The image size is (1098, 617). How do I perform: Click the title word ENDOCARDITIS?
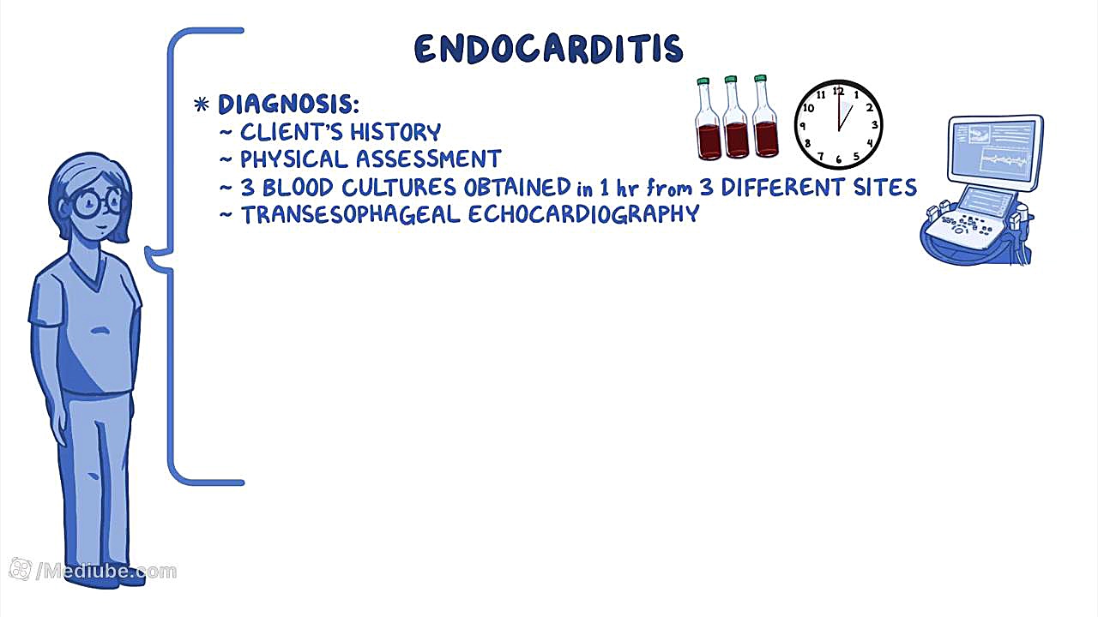click(x=548, y=49)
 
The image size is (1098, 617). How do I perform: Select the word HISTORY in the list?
click(x=395, y=132)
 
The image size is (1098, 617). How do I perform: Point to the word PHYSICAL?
click(x=293, y=159)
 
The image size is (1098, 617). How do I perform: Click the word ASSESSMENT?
click(x=428, y=159)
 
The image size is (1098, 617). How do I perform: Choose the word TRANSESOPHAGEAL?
click(x=351, y=215)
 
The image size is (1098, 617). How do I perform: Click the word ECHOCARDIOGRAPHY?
click(x=584, y=214)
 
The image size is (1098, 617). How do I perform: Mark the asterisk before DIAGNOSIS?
click(x=201, y=105)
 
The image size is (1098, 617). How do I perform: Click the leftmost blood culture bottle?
click(x=708, y=118)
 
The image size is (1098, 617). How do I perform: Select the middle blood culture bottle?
click(x=736, y=117)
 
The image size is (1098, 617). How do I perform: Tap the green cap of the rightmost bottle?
click(x=760, y=78)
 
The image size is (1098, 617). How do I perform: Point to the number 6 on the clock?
click(x=839, y=159)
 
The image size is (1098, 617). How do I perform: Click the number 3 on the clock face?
click(x=874, y=125)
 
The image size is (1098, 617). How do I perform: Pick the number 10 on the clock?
click(x=808, y=108)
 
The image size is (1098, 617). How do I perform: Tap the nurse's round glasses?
click(x=94, y=201)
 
